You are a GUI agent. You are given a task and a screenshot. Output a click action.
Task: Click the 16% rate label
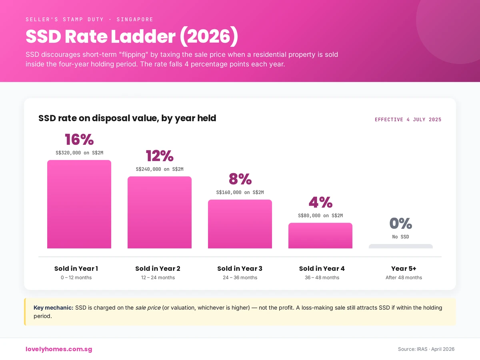(79, 140)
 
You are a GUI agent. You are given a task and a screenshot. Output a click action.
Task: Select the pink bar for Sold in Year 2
(160, 212)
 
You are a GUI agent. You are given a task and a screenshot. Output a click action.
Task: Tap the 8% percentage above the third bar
(240, 179)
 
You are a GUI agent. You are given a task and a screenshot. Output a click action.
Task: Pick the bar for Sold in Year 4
(320, 236)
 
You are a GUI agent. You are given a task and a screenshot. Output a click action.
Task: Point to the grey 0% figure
(400, 223)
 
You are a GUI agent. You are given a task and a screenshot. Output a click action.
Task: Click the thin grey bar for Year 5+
(400, 246)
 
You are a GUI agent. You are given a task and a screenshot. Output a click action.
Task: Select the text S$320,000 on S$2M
(79, 152)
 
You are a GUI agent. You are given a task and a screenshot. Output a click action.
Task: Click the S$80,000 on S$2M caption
(320, 215)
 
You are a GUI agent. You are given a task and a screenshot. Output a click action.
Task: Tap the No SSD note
(400, 237)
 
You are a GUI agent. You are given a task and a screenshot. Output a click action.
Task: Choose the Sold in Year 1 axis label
(76, 268)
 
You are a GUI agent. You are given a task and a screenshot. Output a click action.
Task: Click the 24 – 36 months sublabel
(240, 278)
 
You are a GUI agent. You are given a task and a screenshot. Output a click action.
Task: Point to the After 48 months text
(404, 278)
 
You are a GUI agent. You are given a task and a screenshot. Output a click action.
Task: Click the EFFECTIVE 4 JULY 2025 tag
(408, 120)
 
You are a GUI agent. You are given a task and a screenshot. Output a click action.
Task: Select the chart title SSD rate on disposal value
(127, 118)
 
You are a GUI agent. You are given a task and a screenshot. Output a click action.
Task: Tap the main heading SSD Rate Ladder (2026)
(132, 37)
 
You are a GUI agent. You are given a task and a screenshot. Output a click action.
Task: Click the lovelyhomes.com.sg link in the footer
(59, 349)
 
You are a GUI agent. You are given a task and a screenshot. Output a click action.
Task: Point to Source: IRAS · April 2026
(426, 349)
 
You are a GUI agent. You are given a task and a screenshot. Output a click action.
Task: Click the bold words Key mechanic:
(53, 308)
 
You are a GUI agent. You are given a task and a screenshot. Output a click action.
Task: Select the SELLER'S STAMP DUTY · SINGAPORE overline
(89, 19)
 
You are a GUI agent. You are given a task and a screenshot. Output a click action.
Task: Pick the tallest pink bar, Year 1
(79, 204)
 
